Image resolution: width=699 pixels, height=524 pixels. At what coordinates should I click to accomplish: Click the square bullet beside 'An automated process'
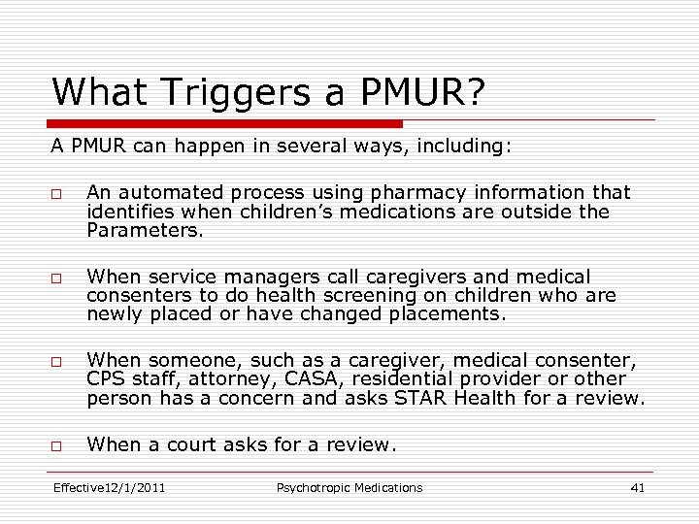(57, 193)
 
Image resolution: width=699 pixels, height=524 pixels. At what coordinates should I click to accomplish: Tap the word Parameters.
(145, 231)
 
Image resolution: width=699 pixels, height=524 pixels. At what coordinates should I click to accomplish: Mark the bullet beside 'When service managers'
(57, 278)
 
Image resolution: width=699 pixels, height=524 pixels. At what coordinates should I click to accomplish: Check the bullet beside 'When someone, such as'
(57, 361)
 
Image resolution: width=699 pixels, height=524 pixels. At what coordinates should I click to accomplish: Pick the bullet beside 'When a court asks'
(57, 444)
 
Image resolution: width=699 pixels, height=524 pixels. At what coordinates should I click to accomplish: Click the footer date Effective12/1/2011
(109, 487)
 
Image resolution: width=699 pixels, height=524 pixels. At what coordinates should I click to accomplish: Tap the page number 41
(637, 487)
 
